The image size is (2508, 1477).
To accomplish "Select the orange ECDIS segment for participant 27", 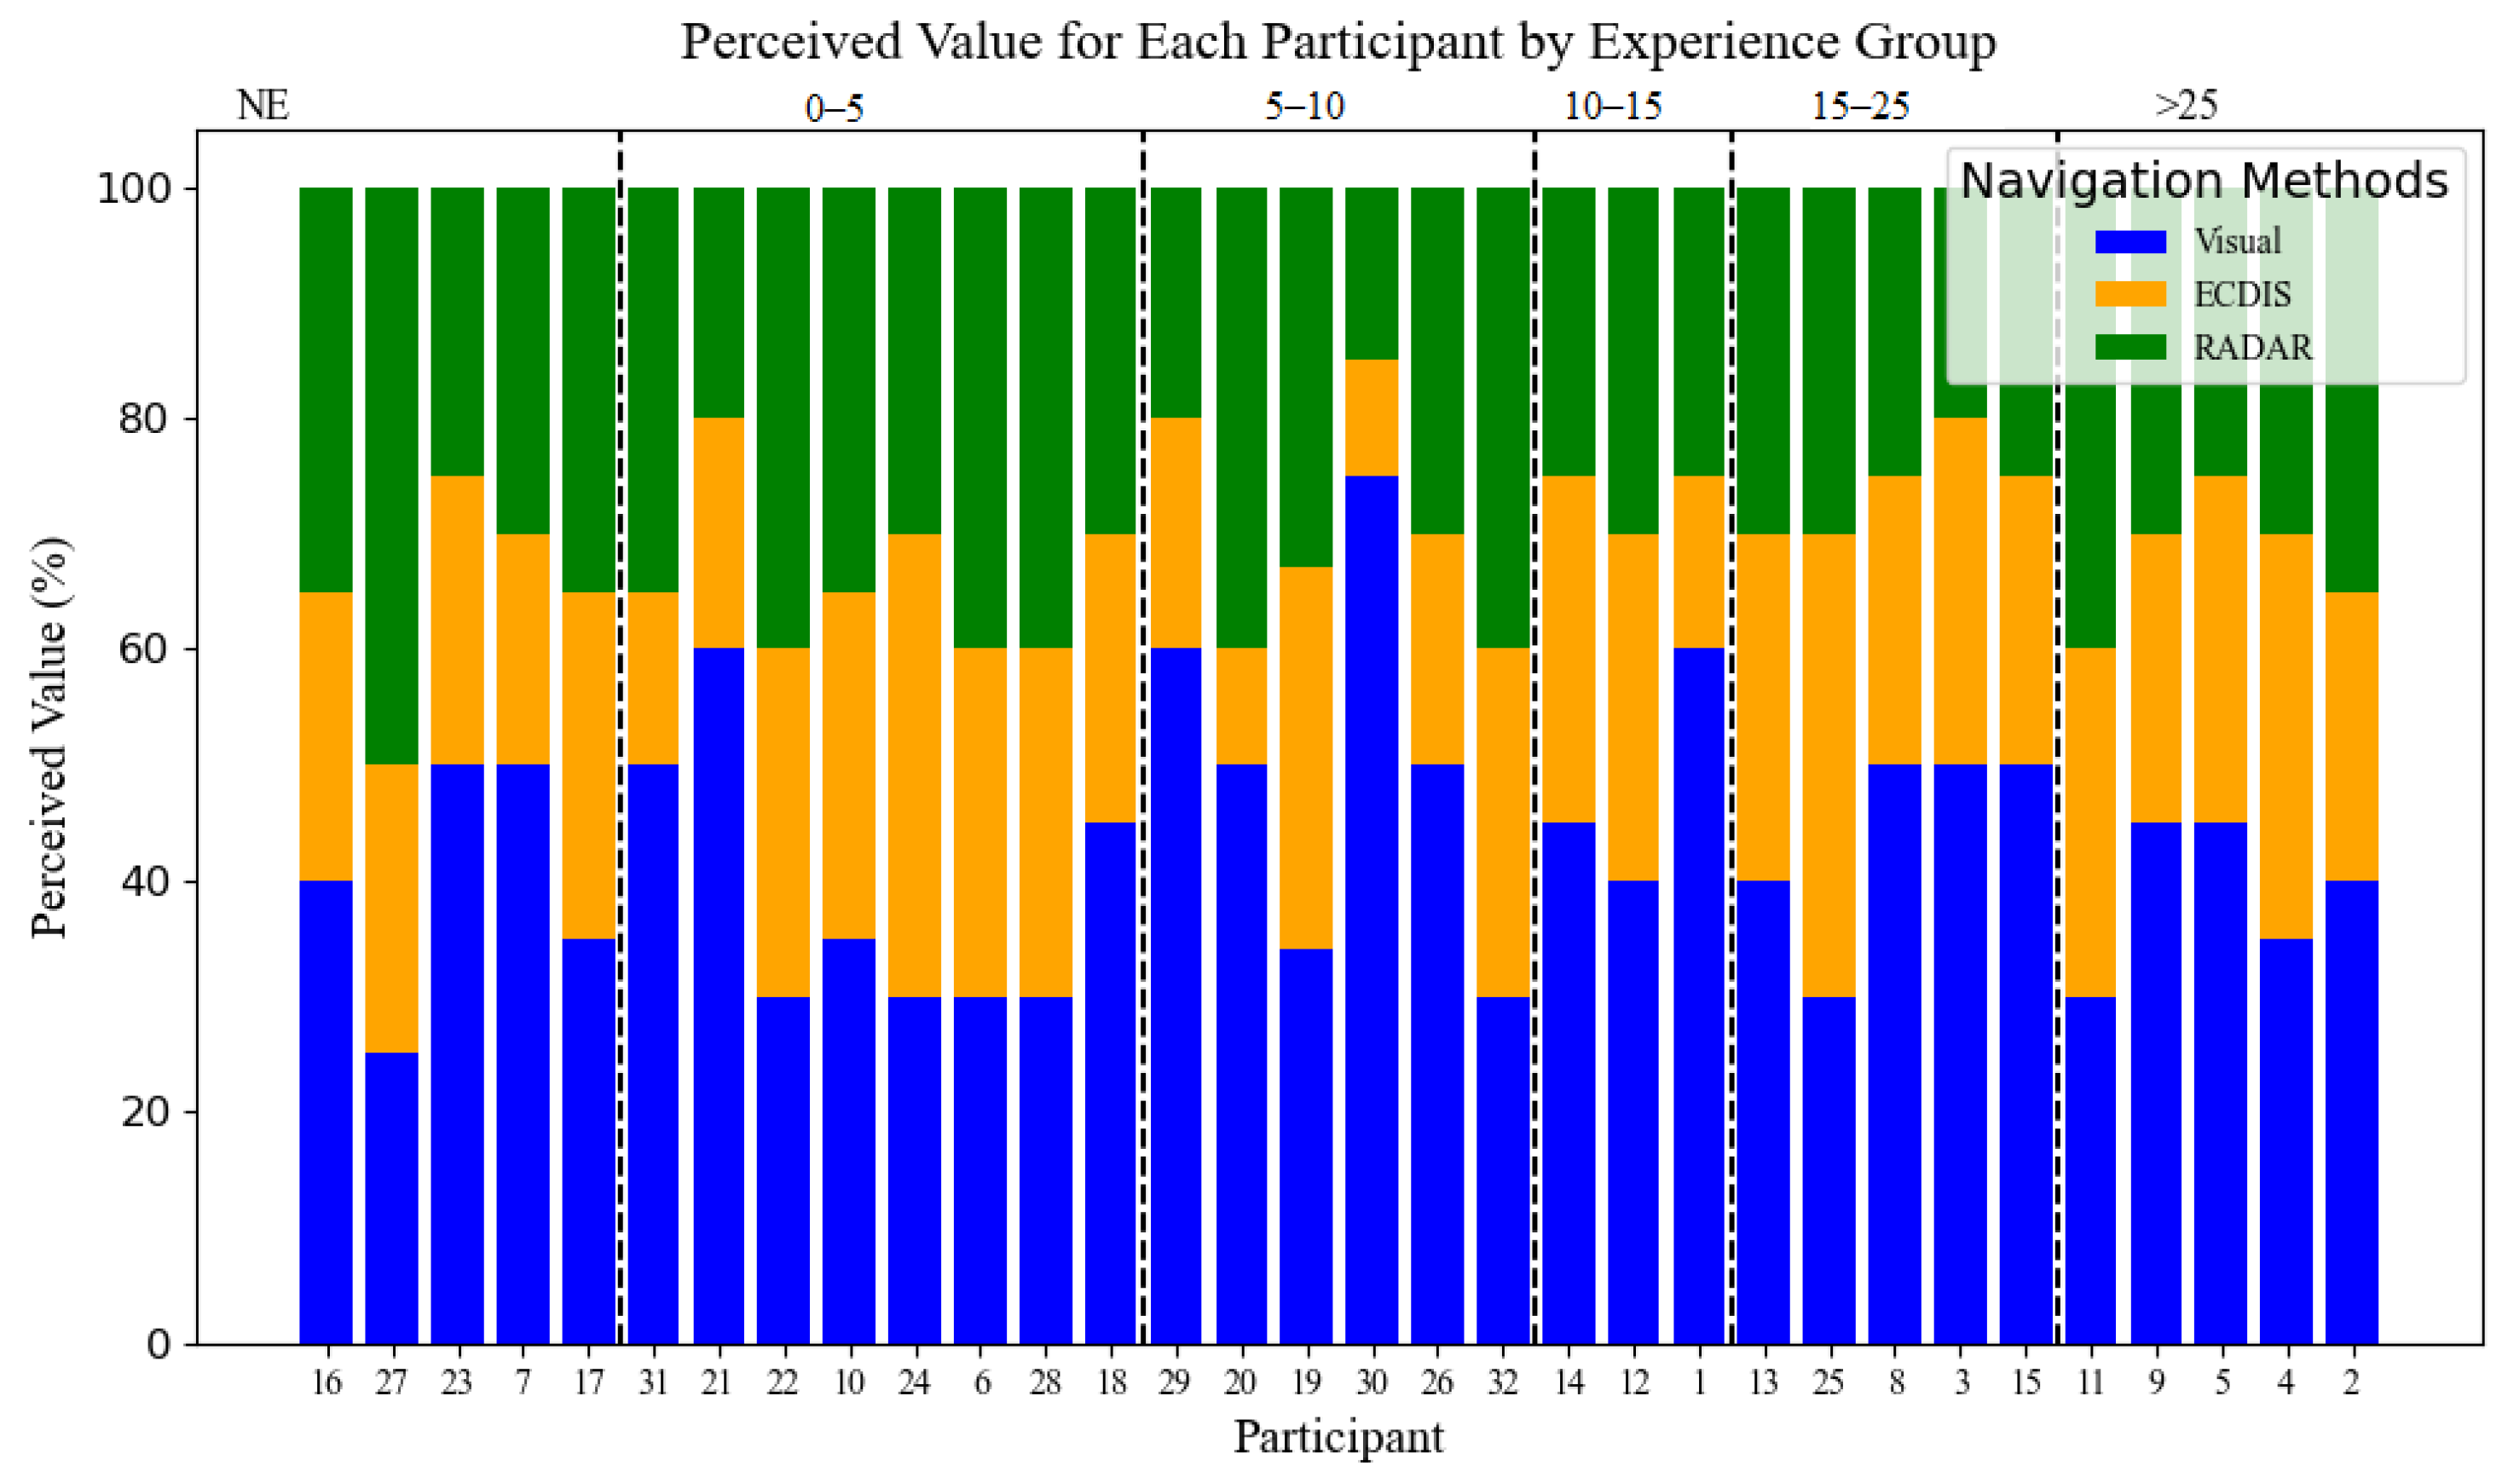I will click(x=391, y=909).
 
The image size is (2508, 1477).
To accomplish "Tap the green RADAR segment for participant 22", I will click(x=783, y=418).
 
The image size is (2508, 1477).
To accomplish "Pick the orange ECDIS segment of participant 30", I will click(x=1372, y=418).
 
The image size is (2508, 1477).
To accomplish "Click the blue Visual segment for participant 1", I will click(x=1699, y=995).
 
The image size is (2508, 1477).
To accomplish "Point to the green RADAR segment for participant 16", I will click(x=326, y=389).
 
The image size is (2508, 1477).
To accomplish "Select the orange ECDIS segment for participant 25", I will click(x=1829, y=765).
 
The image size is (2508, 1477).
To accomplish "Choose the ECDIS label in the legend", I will click(x=2241, y=295).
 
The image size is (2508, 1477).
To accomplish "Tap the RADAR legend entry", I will click(x=2252, y=348).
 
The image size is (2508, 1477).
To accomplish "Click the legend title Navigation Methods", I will click(x=2204, y=182).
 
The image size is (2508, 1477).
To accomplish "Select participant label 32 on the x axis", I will click(x=1503, y=1382).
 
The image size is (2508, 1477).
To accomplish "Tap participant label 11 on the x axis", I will click(x=2090, y=1382).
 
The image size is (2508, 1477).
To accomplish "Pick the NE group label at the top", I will click(x=263, y=106).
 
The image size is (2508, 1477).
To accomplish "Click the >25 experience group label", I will click(x=2186, y=106).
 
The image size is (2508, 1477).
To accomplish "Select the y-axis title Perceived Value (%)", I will click(x=49, y=737).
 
